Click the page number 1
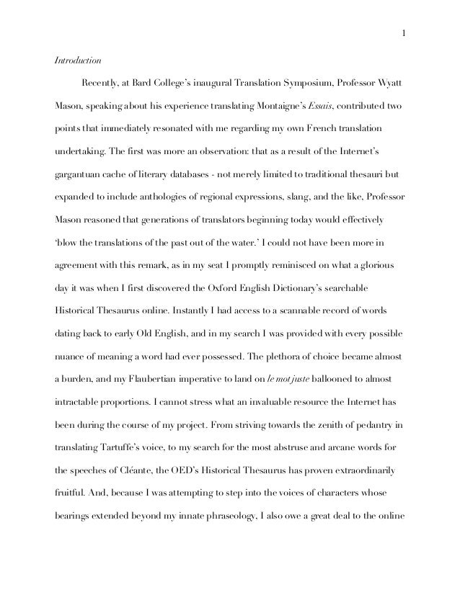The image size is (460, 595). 403,32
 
